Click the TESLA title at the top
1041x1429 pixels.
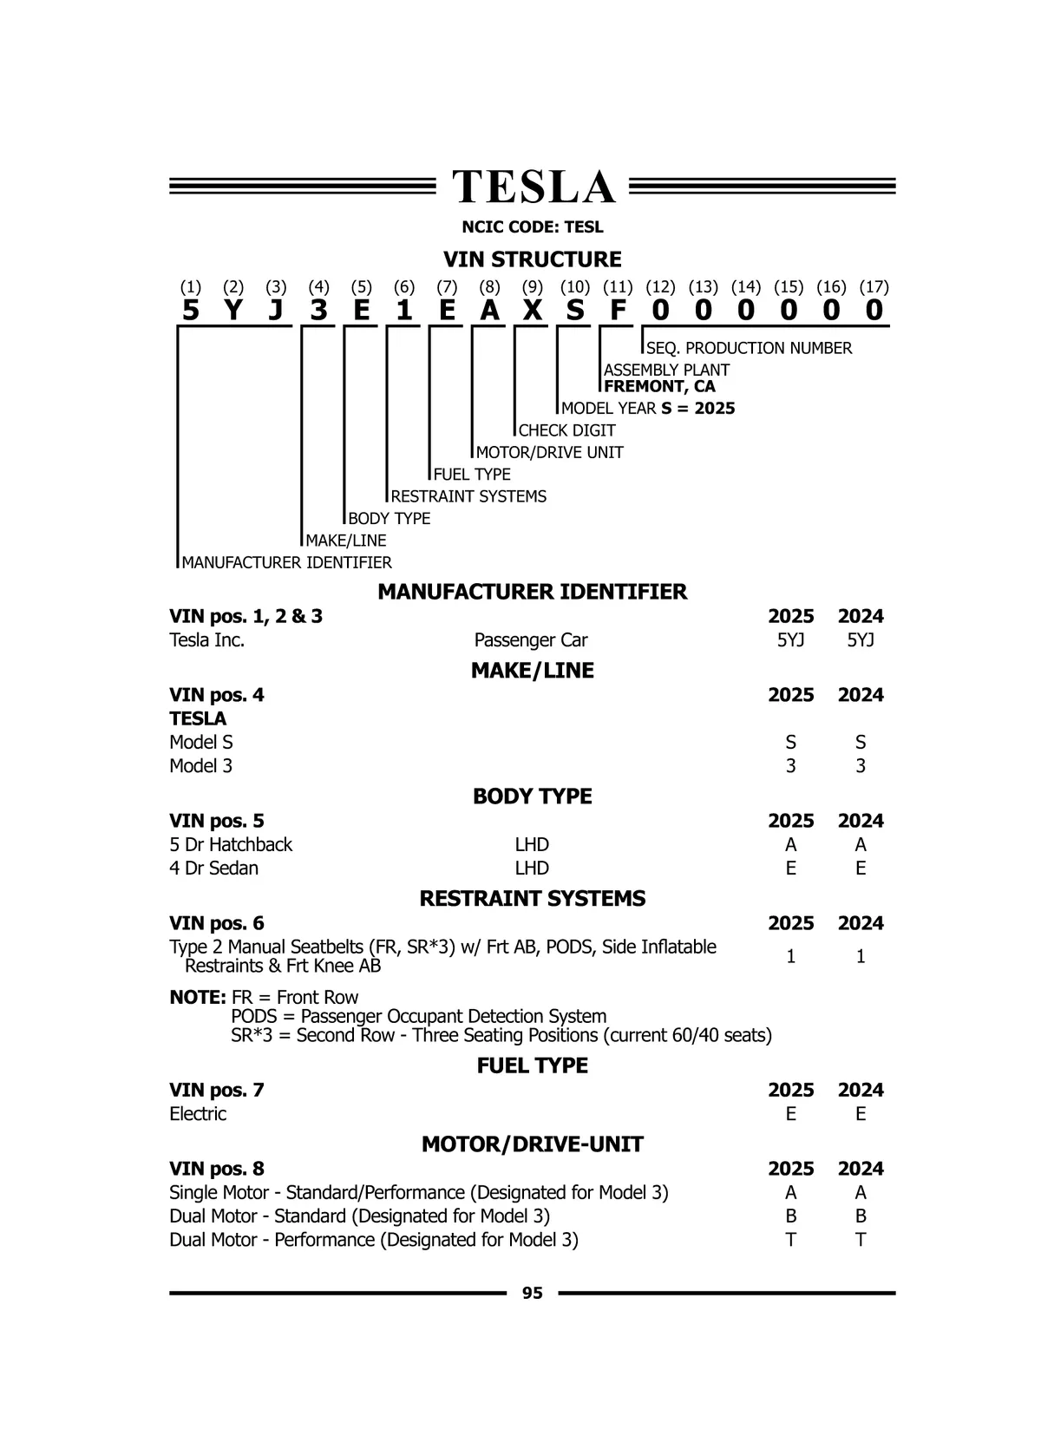point(533,187)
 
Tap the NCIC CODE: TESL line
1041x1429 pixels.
point(533,227)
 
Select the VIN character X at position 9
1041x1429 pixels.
point(533,311)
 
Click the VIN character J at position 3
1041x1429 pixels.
point(276,311)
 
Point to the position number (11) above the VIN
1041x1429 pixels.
point(618,287)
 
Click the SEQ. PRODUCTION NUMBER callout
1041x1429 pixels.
point(749,348)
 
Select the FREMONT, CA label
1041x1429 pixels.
point(659,387)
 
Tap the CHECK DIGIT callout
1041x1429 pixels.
point(567,430)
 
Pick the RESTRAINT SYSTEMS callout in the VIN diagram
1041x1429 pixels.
point(468,496)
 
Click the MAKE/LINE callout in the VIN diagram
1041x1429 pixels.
point(346,541)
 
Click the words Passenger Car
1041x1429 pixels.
point(531,640)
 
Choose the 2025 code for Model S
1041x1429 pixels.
point(790,743)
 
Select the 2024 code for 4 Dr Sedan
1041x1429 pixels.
point(861,869)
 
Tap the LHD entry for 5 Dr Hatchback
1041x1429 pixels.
point(532,845)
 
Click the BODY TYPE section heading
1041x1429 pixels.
point(533,796)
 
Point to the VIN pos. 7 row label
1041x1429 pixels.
point(217,1090)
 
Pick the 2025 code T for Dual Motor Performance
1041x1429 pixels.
point(790,1240)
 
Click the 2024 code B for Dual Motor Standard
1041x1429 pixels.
point(861,1216)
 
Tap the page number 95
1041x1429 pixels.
point(533,1293)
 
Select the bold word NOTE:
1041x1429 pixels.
point(198,998)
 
